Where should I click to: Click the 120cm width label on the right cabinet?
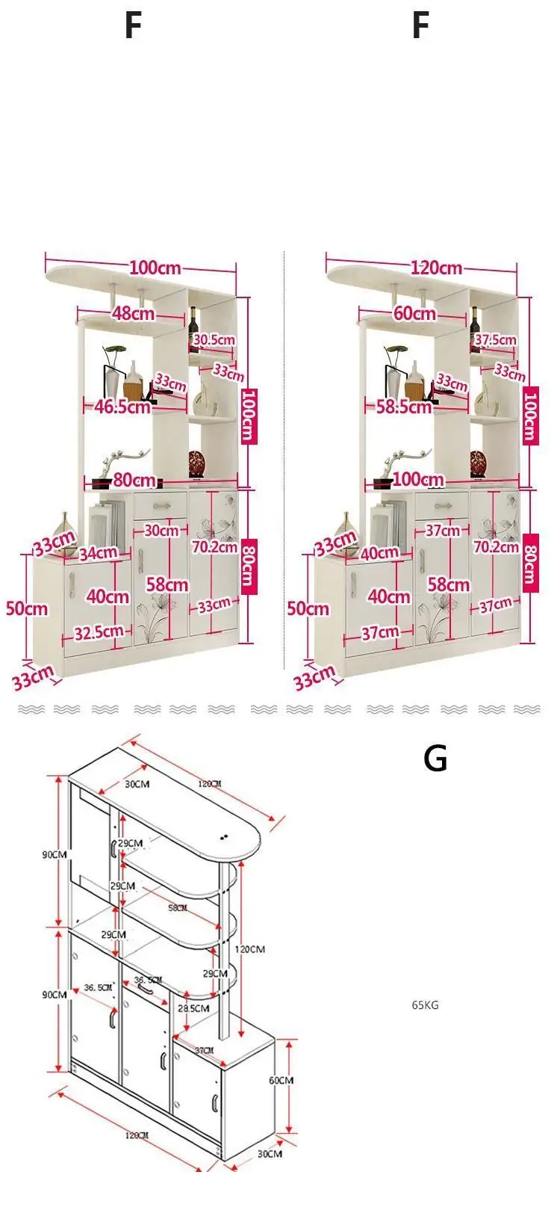click(x=436, y=268)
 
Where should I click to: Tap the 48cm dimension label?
click(x=134, y=313)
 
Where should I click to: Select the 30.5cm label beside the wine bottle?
click(x=214, y=340)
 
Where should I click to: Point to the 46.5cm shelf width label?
click(x=122, y=407)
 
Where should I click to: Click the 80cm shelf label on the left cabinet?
click(x=134, y=480)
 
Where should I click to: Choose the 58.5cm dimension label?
click(x=404, y=407)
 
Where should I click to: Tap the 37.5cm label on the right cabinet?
click(x=495, y=340)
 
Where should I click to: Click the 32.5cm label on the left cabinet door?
click(x=99, y=632)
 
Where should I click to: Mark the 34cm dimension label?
click(x=98, y=553)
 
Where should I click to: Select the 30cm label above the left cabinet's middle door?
click(x=161, y=531)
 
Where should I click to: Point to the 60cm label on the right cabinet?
click(x=414, y=313)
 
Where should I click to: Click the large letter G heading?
click(x=435, y=759)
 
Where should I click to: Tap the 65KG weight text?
click(x=426, y=1005)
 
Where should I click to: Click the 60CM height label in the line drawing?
click(x=281, y=1080)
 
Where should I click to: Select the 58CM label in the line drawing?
click(x=178, y=907)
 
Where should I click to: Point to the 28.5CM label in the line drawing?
click(x=193, y=1008)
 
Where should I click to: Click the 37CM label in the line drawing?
click(x=204, y=1051)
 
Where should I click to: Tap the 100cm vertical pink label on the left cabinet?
click(x=249, y=416)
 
